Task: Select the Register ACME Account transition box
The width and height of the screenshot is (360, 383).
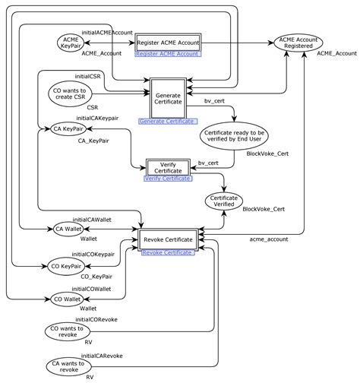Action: (168, 43)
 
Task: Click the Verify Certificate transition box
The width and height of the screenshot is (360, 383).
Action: (167, 166)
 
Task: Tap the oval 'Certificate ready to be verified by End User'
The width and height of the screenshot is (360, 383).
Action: (235, 135)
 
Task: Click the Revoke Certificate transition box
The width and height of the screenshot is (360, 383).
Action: (168, 240)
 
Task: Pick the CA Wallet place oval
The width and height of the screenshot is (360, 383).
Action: (69, 228)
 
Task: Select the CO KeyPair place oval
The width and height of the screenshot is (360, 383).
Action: (67, 267)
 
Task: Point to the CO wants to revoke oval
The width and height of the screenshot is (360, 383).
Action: (68, 332)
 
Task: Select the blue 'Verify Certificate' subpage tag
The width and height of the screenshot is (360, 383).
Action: (169, 179)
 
